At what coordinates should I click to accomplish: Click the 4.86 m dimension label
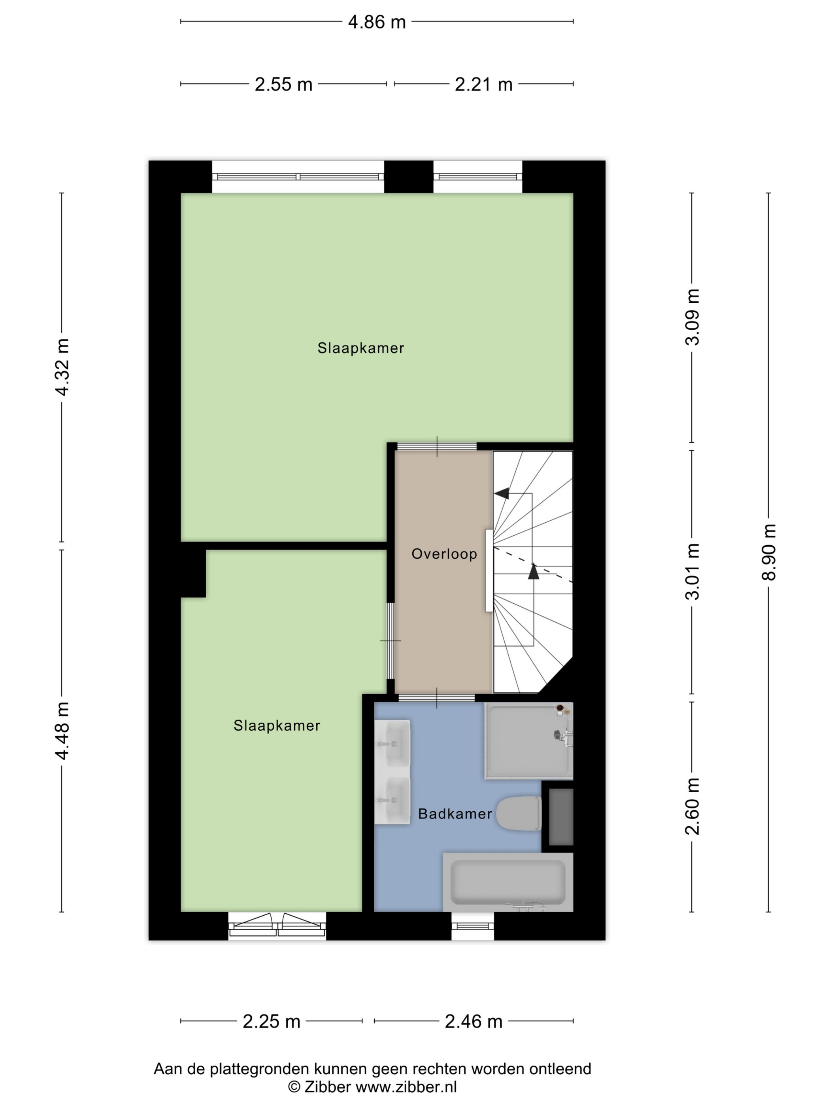click(377, 22)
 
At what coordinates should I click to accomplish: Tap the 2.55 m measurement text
click(283, 85)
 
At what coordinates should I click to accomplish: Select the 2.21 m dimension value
click(483, 85)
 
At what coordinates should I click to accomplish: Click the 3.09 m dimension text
click(692, 317)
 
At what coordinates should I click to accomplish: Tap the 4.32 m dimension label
click(62, 367)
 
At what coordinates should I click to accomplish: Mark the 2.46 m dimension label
click(473, 1022)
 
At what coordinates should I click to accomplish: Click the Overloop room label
click(444, 554)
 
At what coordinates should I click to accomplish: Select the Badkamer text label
click(455, 814)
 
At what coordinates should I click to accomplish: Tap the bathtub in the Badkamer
click(508, 882)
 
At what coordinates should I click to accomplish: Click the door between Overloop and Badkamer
click(436, 698)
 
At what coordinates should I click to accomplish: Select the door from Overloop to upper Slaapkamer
click(437, 446)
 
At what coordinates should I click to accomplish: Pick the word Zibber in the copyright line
click(327, 1087)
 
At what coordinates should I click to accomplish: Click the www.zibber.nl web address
click(406, 1087)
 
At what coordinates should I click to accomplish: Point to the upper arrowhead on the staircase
click(502, 493)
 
